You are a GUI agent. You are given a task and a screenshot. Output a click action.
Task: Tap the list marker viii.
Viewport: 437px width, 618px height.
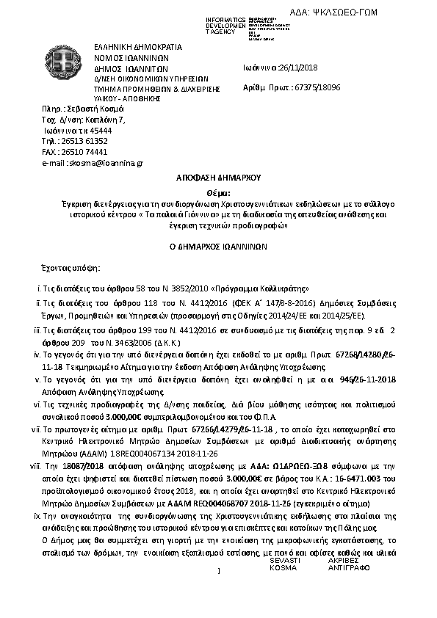(x=35, y=465)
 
